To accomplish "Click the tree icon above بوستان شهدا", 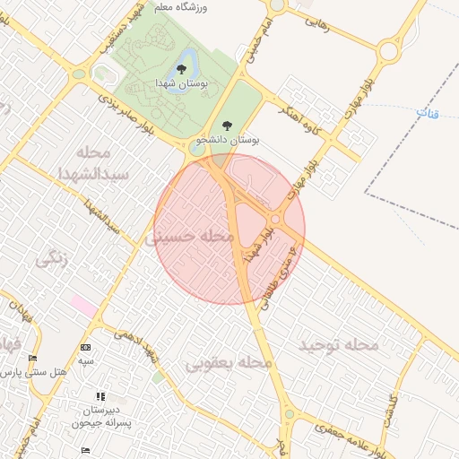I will tap(182, 67).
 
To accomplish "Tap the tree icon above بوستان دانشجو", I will tap(225, 126).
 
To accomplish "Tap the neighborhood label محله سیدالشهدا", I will tap(95, 161).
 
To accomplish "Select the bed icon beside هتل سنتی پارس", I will tap(33, 358).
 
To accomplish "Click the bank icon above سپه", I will tap(85, 347).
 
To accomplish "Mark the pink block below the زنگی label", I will tap(84, 305).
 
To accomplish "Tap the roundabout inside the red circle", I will tap(276, 220).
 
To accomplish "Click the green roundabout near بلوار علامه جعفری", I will tap(289, 414).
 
